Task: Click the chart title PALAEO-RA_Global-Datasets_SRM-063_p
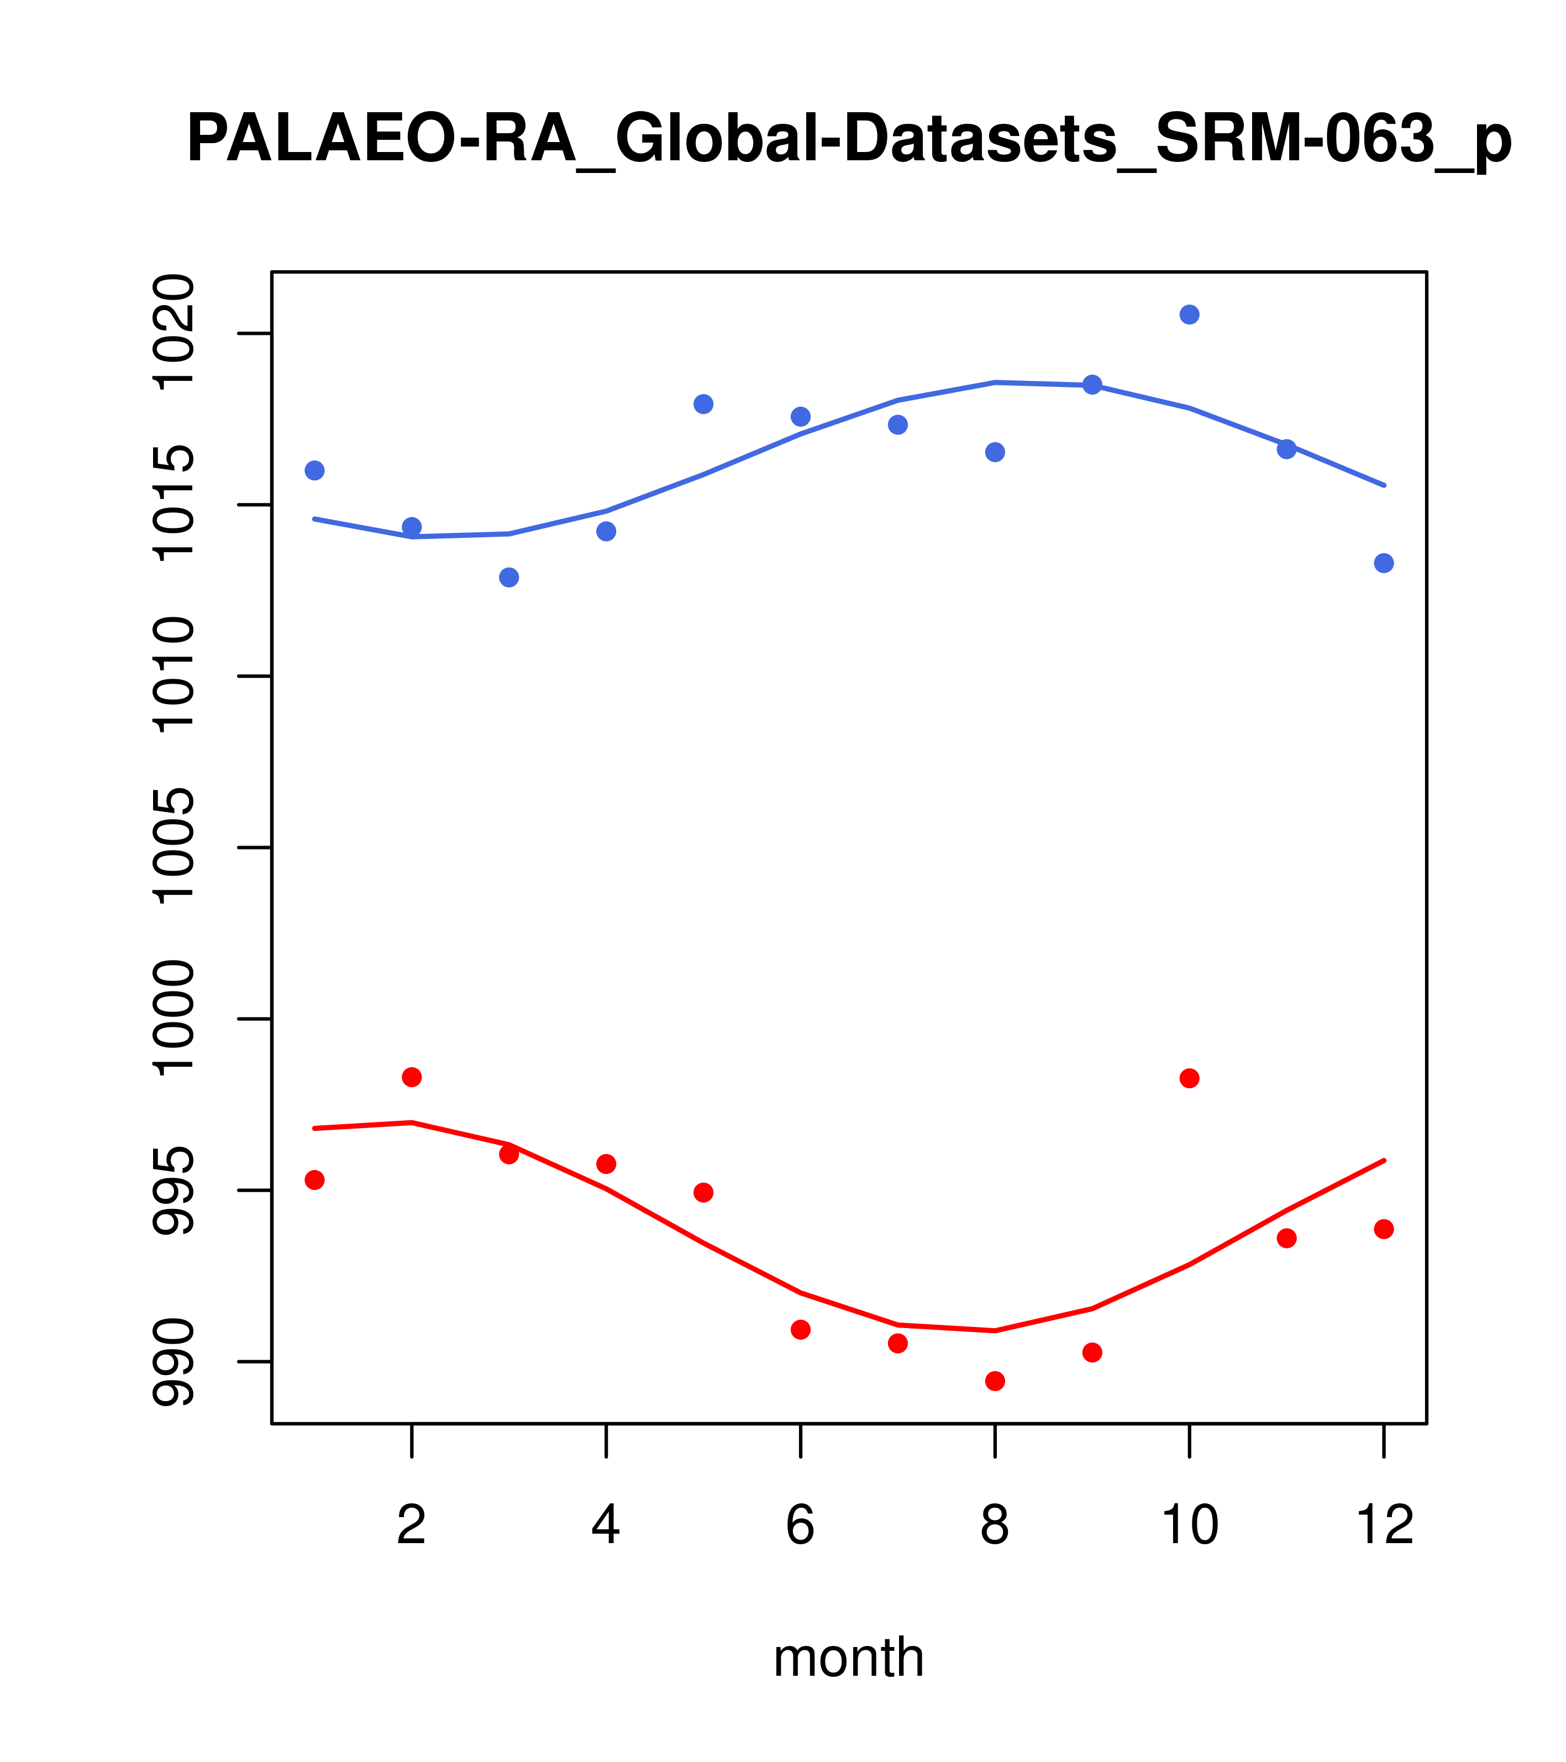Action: [848, 140]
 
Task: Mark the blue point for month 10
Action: [1189, 314]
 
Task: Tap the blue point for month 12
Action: [1384, 563]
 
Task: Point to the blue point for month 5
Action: [703, 404]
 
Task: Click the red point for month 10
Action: [1189, 1078]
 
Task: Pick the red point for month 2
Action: [412, 1077]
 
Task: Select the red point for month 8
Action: [995, 1381]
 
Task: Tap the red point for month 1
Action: [314, 1180]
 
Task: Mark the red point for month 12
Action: [1384, 1229]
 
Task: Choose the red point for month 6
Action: [801, 1329]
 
